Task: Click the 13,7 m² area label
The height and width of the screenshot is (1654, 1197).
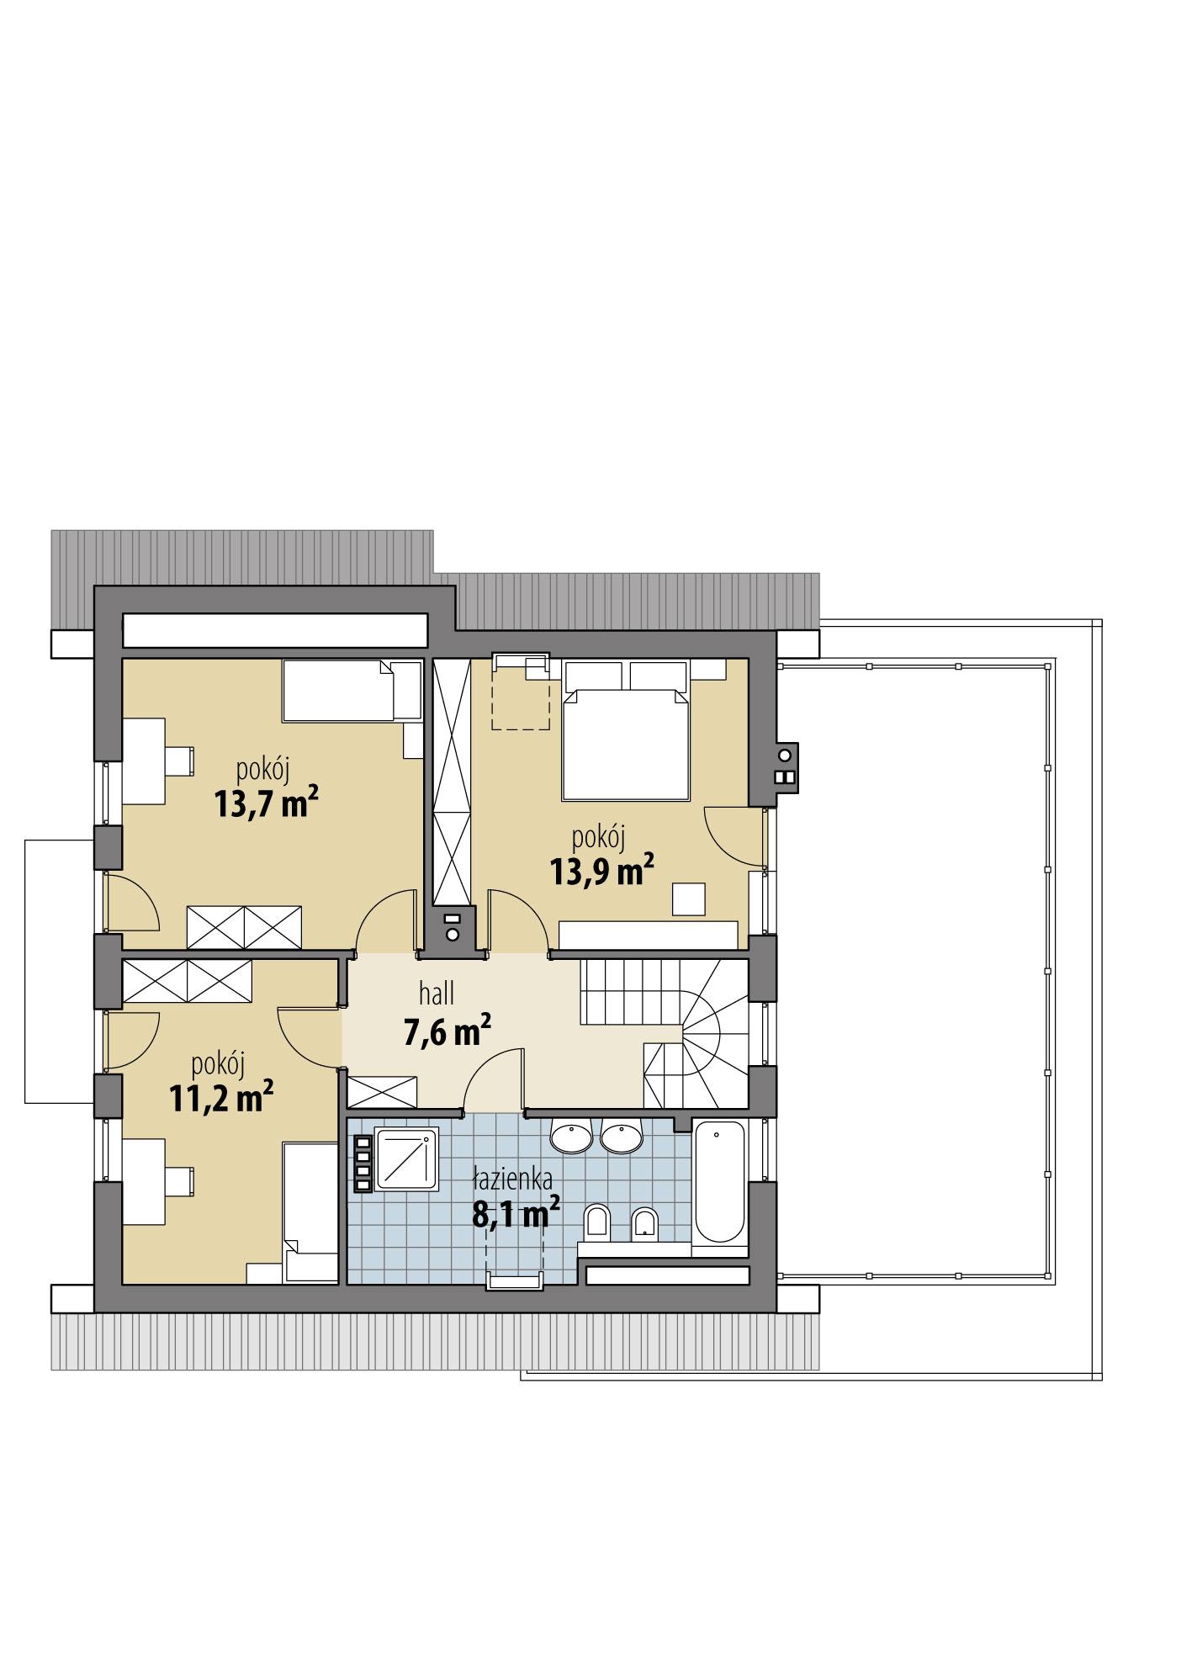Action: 266,802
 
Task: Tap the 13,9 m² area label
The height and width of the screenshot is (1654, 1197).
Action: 601,871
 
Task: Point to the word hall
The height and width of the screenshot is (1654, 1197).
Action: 437,994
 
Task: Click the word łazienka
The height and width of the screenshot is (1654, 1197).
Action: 511,1180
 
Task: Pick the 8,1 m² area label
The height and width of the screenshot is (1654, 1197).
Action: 516,1214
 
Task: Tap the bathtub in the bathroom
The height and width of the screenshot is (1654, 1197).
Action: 719,1181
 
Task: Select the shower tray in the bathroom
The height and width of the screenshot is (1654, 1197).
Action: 407,1160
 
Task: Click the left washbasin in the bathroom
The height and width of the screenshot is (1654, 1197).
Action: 572,1137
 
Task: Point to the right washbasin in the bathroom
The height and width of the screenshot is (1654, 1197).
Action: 622,1137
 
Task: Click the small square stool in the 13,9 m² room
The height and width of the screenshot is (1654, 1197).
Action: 689,899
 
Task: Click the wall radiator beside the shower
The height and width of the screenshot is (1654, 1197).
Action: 363,1164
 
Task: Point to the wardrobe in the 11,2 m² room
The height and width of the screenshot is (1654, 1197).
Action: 187,982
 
